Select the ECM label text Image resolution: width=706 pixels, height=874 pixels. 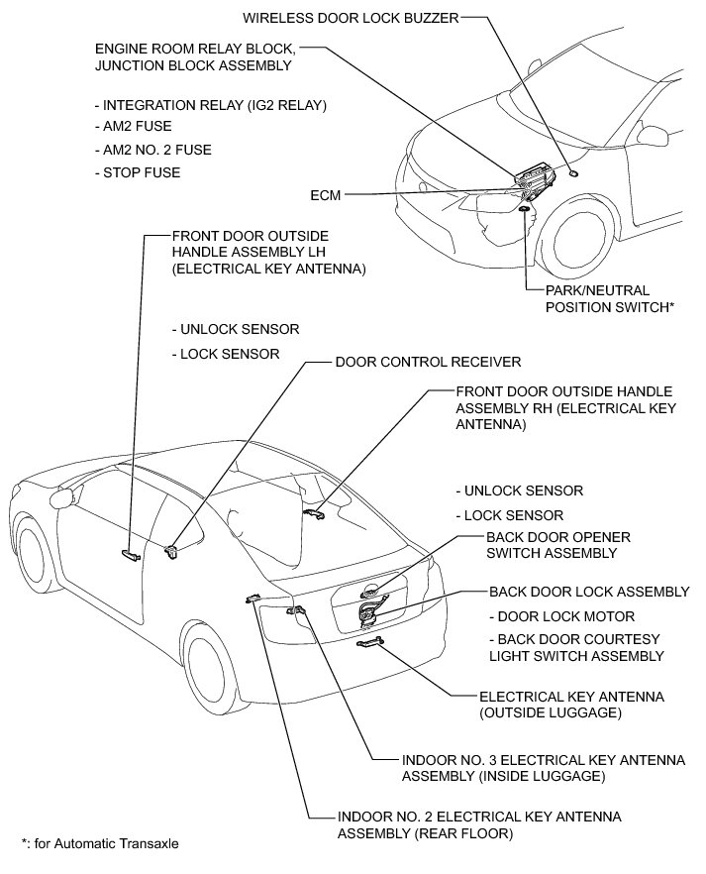(x=325, y=196)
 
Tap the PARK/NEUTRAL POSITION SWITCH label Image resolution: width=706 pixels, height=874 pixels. (x=610, y=299)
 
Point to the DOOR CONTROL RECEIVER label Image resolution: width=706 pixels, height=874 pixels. (x=428, y=363)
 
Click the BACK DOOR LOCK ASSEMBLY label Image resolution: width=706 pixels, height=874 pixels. (x=589, y=592)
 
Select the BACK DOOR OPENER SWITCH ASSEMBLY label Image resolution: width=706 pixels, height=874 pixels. (x=558, y=545)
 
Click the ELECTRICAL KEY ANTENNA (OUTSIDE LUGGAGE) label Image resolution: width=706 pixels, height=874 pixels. (x=571, y=705)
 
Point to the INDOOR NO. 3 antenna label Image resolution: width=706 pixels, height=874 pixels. (x=544, y=768)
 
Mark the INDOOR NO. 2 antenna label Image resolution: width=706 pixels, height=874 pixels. (x=479, y=824)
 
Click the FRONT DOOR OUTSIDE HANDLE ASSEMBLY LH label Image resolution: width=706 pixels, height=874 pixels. (x=268, y=253)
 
